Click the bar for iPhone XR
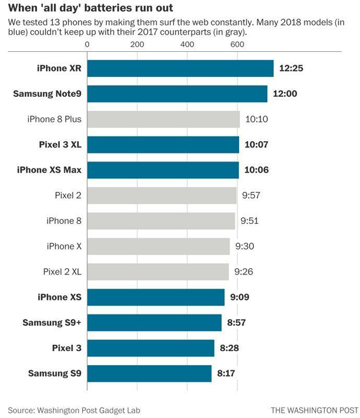[180, 69]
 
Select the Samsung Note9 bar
[177, 94]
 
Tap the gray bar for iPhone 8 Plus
[163, 119]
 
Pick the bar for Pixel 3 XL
[163, 145]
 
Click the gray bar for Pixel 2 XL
[157, 272]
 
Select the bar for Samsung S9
[149, 374]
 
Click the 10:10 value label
[256, 119]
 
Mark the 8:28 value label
[229, 348]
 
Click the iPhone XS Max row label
[49, 170]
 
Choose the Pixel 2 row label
[68, 195]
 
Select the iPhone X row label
[64, 246]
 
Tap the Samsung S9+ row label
[52, 322]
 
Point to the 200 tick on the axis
[137, 44]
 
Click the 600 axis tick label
[237, 44]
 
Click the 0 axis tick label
[87, 44]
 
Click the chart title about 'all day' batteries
[91, 8]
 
